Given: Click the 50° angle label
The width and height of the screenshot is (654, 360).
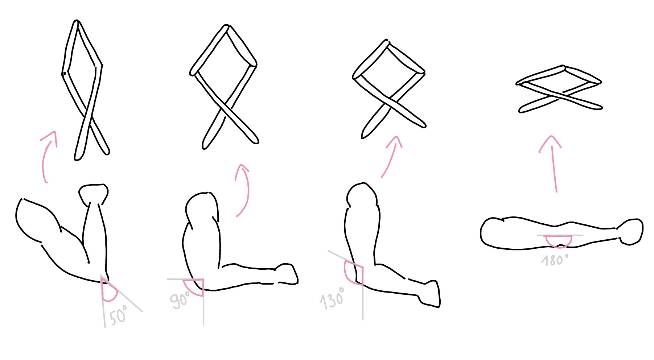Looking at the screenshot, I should point(118,315).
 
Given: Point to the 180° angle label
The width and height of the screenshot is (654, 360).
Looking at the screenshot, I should point(554,260).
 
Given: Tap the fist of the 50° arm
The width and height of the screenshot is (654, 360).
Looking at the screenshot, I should point(94,194).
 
